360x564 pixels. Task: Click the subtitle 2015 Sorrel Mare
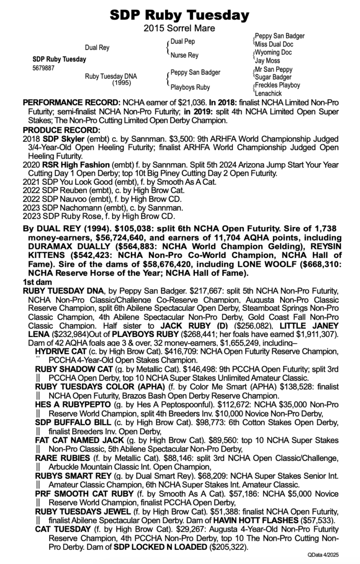pos(180,29)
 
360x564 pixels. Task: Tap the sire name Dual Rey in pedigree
pos(97,47)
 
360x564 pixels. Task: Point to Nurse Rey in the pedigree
pos(184,55)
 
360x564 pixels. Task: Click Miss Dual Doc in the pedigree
pos(274,44)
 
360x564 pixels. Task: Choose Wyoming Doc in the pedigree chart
pos(273,53)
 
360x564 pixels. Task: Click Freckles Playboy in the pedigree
pos(277,85)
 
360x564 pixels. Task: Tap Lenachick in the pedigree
pos(269,93)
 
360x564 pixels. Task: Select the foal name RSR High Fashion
pos(69,165)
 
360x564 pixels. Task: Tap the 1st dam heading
pos(34,283)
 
